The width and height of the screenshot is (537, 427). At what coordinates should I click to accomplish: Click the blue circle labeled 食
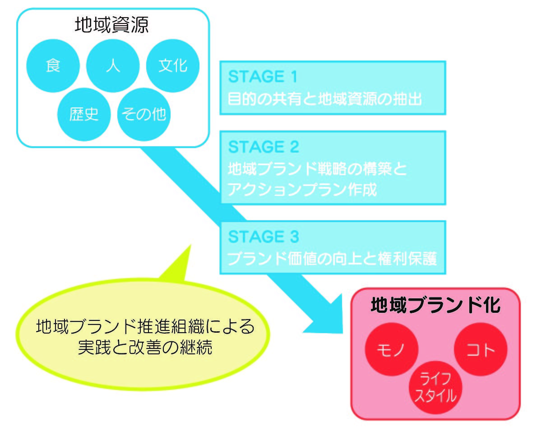click(53, 66)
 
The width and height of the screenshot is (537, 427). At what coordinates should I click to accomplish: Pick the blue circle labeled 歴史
click(83, 114)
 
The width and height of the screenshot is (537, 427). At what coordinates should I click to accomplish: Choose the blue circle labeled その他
click(144, 114)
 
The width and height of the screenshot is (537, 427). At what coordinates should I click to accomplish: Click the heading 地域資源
click(111, 25)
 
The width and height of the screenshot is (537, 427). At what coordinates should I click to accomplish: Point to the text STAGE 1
click(263, 77)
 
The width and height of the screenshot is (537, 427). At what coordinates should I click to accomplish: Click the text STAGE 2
click(264, 147)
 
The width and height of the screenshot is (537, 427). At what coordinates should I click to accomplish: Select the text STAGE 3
click(264, 237)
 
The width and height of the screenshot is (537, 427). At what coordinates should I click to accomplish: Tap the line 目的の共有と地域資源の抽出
click(325, 98)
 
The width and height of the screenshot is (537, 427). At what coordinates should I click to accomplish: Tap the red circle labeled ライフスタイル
click(435, 387)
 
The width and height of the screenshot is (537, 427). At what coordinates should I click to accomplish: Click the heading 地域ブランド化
click(435, 306)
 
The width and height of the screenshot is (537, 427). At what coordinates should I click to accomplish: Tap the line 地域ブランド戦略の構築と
click(317, 169)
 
